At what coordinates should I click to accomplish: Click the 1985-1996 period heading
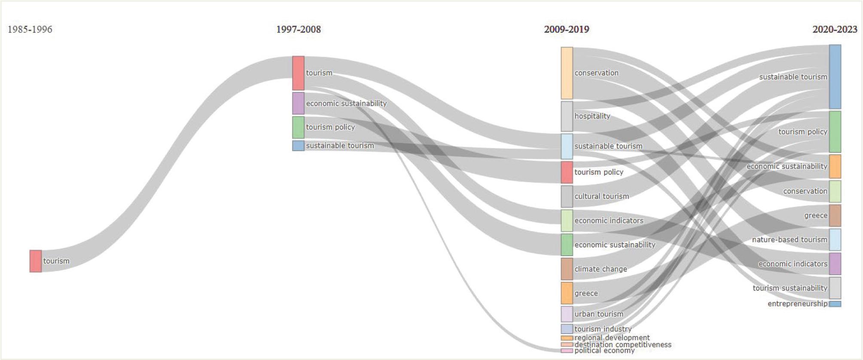(30, 29)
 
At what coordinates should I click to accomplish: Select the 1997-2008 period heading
(298, 29)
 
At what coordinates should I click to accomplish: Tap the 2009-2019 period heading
(567, 29)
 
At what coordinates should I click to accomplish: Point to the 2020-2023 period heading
(835, 29)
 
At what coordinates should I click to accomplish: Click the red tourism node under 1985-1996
(36, 261)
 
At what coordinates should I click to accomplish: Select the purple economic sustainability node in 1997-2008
(298, 104)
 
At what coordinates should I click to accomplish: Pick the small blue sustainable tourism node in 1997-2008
(298, 146)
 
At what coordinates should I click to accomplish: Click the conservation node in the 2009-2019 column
(567, 73)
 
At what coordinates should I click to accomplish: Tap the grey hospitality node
(567, 116)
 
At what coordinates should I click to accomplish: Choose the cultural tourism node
(567, 196)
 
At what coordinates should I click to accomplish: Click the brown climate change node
(567, 269)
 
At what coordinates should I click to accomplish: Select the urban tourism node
(567, 314)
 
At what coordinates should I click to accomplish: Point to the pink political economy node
(567, 351)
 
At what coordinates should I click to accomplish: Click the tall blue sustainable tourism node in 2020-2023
(835, 76)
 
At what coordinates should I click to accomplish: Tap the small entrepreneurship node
(835, 304)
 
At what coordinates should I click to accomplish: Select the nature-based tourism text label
(790, 240)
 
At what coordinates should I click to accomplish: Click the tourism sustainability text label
(790, 288)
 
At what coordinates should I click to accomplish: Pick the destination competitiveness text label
(623, 345)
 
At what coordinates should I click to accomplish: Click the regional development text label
(612, 338)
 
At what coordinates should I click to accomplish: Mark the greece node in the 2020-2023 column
(835, 216)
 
